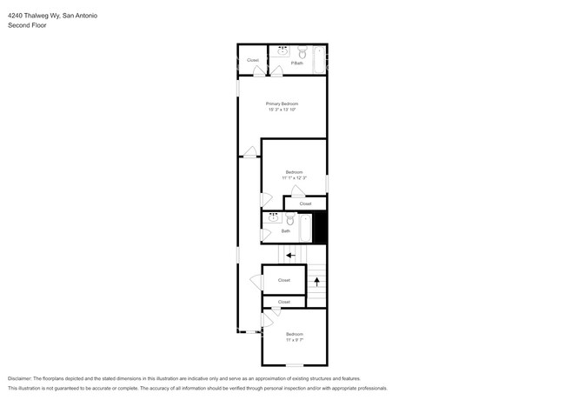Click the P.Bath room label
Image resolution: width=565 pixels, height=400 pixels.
(x=296, y=63)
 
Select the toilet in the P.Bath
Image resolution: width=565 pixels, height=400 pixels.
(x=302, y=51)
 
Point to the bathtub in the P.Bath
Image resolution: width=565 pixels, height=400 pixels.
(x=319, y=59)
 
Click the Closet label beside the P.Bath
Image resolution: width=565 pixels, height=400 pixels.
(x=253, y=60)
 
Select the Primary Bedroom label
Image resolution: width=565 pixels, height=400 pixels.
(x=282, y=103)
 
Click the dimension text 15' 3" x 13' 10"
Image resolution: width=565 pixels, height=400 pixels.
(x=282, y=110)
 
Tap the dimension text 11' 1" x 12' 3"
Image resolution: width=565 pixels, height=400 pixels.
(x=294, y=178)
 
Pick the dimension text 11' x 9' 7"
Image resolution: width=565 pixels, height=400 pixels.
(x=294, y=340)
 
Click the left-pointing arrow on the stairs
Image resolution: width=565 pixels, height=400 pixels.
(x=290, y=255)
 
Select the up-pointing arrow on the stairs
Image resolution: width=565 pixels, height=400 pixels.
(x=317, y=281)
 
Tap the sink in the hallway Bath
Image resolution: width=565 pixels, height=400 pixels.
(x=273, y=218)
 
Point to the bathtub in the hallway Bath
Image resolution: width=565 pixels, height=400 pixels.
(x=306, y=229)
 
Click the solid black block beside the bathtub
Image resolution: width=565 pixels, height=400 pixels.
(x=320, y=228)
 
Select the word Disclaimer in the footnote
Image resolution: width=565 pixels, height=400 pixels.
(x=22, y=379)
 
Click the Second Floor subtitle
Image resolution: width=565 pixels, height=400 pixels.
(x=27, y=25)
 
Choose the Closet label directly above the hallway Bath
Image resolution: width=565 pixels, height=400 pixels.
(x=305, y=203)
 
